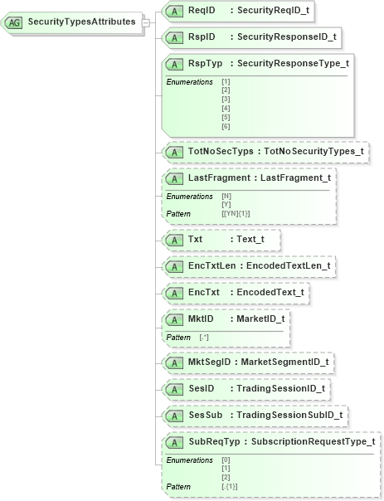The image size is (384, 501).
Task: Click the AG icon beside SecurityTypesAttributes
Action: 15,22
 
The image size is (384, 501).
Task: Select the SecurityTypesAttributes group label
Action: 81,22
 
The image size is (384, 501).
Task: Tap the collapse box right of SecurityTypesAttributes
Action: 146,22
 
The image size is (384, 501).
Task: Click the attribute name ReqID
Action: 202,11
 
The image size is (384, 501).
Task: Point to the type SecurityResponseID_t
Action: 286,37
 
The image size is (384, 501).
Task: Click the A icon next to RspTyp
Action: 174,64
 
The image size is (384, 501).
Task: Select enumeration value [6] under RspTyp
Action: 226,126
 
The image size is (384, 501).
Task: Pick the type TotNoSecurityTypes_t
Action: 314,152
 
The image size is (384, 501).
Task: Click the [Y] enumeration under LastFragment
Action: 226,204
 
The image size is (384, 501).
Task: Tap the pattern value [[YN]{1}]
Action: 236,213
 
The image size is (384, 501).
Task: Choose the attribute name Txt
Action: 196,240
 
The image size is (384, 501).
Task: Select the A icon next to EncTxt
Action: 174,293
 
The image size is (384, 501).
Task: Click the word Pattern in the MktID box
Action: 178,338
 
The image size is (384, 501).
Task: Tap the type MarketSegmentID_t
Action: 283,362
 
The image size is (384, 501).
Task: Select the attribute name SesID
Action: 202,389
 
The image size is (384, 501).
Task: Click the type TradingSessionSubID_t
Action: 289,415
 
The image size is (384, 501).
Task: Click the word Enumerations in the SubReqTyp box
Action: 189,460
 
